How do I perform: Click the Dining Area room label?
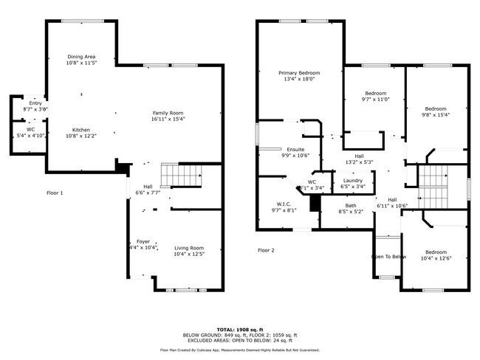[81, 57]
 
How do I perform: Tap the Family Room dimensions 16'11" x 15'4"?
[168, 119]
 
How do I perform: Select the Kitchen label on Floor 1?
[81, 129]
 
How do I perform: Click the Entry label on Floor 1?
[35, 103]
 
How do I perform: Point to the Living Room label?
[189, 248]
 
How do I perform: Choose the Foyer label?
[143, 241]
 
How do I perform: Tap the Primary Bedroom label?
[298, 73]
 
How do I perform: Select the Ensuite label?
[295, 150]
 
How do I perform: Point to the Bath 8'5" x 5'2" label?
[350, 206]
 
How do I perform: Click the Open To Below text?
[388, 257]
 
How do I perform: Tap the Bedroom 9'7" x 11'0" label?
[375, 94]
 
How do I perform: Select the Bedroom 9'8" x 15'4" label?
[435, 108]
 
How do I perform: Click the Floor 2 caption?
[266, 250]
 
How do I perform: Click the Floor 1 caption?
[55, 193]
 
